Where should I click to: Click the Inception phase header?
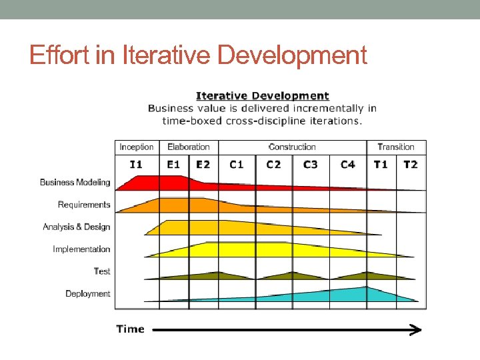tap(136, 147)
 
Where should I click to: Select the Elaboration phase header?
tap(188, 147)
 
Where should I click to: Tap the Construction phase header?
tap(292, 147)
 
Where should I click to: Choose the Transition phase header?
tap(396, 147)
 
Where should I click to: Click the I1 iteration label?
tap(136, 164)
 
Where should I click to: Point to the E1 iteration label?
tap(173, 164)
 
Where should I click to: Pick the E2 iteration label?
tap(203, 164)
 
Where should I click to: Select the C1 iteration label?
tap(237, 164)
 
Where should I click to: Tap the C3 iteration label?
tap(311, 164)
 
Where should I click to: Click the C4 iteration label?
tap(347, 164)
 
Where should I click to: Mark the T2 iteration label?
tap(411, 164)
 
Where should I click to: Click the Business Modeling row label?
tap(75, 183)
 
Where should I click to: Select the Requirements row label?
tap(84, 205)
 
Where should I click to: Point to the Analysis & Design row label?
tap(77, 227)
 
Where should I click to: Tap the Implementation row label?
tap(81, 249)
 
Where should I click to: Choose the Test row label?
tap(102, 271)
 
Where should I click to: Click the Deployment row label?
tap(88, 294)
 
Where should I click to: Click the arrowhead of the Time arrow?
tap(416, 329)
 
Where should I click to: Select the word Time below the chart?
tap(130, 329)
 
